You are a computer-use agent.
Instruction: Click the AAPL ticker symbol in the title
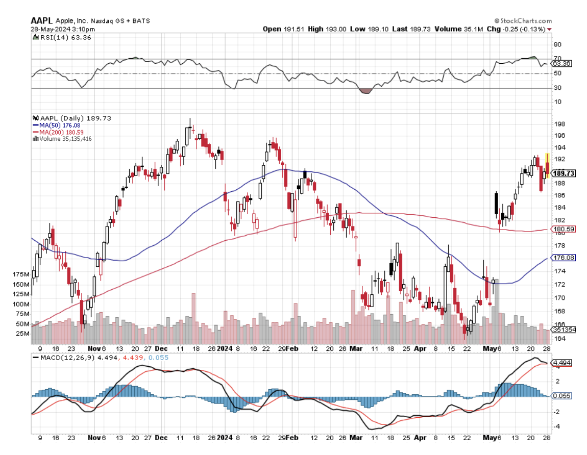[x=42, y=20]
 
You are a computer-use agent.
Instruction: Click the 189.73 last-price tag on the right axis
[x=564, y=173]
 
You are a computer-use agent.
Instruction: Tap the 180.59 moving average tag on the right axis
[x=564, y=230]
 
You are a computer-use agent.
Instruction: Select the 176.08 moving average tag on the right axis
[x=564, y=258]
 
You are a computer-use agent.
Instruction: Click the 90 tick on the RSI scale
[x=557, y=44]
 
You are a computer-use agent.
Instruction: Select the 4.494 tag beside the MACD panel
[x=562, y=363]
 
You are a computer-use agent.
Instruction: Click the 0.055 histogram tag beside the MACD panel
[x=562, y=396]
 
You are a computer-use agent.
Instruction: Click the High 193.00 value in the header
[x=327, y=29]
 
